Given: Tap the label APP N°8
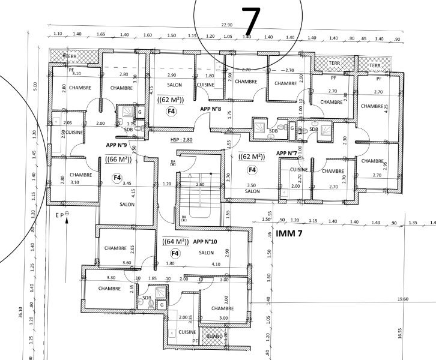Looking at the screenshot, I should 211,109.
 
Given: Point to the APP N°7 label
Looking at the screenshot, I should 288,153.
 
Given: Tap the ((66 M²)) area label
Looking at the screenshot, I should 118,160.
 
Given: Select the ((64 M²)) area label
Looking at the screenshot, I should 174,242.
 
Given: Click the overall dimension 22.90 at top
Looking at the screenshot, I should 226,25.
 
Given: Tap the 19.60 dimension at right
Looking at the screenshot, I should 402,299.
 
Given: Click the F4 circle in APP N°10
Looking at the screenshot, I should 172,254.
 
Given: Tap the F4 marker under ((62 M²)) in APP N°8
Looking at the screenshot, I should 171,111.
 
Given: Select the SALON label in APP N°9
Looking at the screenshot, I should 127,205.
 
